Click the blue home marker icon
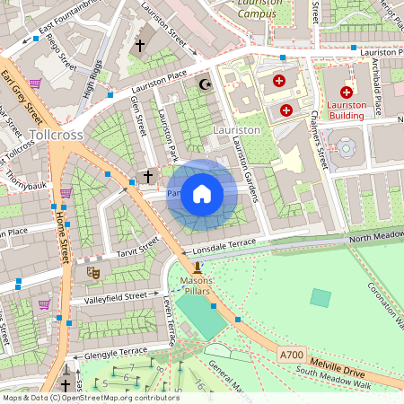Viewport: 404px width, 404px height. (202, 193)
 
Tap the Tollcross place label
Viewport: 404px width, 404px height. (57, 135)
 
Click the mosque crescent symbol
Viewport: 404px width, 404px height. (204, 85)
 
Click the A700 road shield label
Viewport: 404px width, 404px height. (292, 356)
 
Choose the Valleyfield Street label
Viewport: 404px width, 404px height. (115, 295)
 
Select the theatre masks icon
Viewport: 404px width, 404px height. (92, 271)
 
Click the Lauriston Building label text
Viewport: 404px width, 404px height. (347, 110)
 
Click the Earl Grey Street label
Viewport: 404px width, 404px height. (22, 98)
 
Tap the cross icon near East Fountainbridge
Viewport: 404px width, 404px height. (139, 45)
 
